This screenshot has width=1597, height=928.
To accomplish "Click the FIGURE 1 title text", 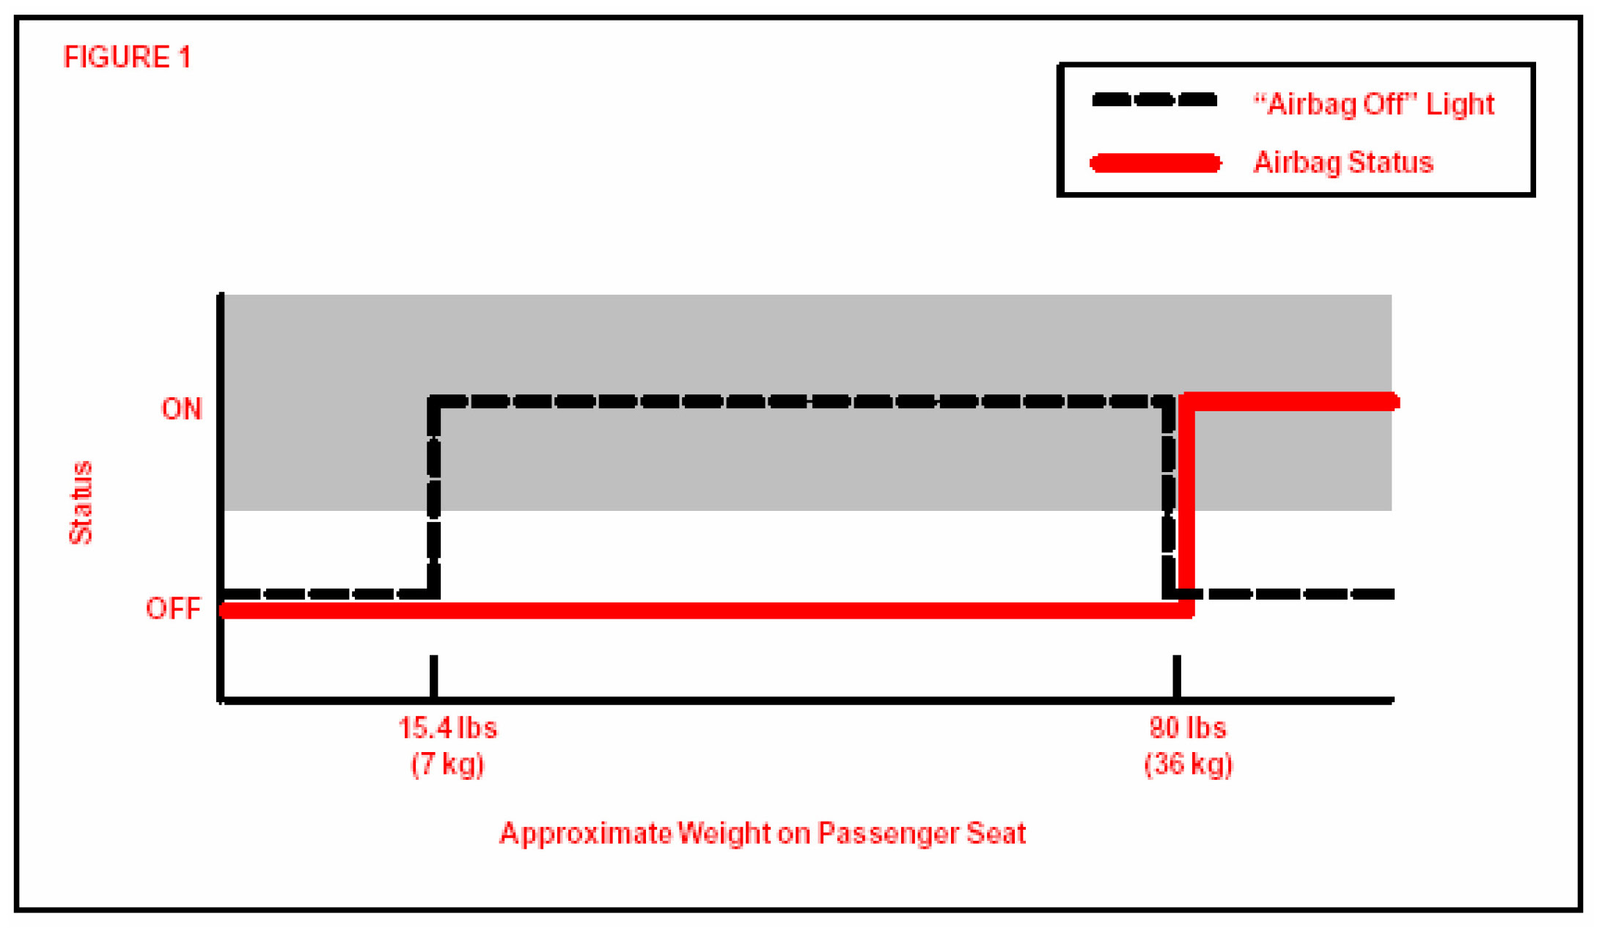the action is pos(127,57).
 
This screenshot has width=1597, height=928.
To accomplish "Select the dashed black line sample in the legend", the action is pos(1154,100).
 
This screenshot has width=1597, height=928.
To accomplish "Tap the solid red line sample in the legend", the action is pos(1156,163).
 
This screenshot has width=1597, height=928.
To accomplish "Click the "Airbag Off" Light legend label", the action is pos(1373,105).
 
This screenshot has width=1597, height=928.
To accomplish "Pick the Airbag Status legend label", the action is pos(1343,163).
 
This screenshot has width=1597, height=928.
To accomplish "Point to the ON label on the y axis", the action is pos(181,409).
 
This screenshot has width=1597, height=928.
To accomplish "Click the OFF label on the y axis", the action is pos(173,608).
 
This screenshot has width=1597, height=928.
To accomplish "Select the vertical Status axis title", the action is pos(81,503).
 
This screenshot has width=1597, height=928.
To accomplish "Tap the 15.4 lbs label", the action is pos(447,728).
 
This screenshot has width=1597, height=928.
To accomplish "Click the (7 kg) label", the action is pos(447,764).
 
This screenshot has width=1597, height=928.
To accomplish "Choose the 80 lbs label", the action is pos(1188,728).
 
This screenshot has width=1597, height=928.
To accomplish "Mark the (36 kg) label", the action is pos(1189,764).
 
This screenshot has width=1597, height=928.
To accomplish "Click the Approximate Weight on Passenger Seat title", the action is pos(762,833).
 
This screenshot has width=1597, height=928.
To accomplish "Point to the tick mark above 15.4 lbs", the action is pos(434,676).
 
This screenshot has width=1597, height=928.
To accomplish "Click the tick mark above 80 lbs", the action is pos(1177,676).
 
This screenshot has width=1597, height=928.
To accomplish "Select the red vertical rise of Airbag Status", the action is pos(1186,506).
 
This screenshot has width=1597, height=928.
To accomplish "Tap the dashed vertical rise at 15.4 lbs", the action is pos(434,498).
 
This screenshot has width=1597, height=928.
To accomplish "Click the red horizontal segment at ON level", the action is pos(1291,402).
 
